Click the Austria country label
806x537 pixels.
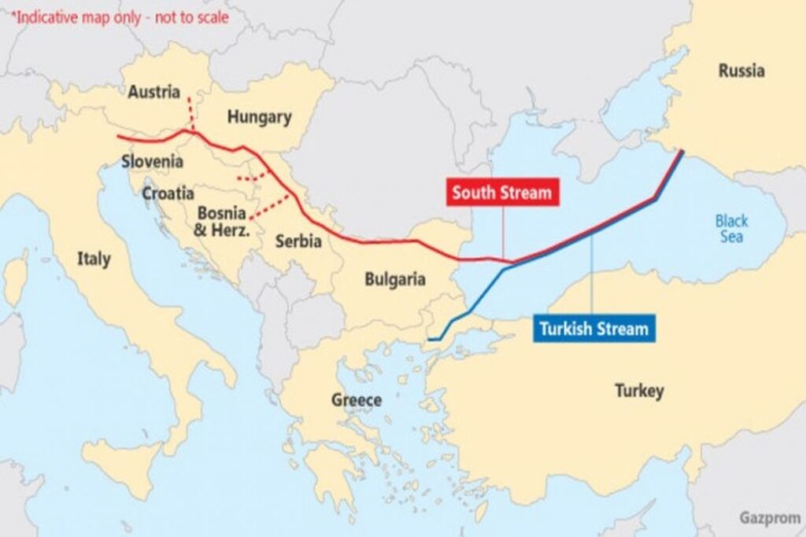(153, 92)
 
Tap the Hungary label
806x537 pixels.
(259, 118)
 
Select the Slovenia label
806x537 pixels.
(152, 162)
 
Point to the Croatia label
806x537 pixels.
(168, 193)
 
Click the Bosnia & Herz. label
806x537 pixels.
(223, 222)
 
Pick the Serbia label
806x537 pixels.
(298, 241)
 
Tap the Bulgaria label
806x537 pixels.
(394, 279)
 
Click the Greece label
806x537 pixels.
(356, 400)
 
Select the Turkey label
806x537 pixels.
(638, 390)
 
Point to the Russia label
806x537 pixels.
(741, 71)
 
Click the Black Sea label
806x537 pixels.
(731, 229)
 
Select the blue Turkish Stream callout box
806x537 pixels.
(593, 329)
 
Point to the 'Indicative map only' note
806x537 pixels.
(119, 17)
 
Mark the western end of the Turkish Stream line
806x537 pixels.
(429, 340)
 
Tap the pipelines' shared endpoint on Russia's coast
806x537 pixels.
(682, 151)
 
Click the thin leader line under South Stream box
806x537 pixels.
(503, 232)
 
